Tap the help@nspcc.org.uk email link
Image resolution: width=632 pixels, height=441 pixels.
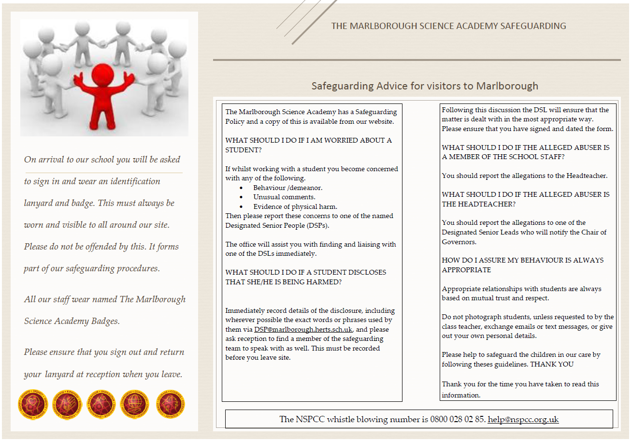tap(523, 419)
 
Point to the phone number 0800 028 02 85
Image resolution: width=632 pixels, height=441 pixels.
tap(458, 419)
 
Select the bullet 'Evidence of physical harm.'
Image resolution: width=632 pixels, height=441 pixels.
tap(295, 206)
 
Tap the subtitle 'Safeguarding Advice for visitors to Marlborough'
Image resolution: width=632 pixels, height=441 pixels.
tap(424, 86)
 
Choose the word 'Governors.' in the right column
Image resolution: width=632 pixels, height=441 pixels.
tap(459, 242)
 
